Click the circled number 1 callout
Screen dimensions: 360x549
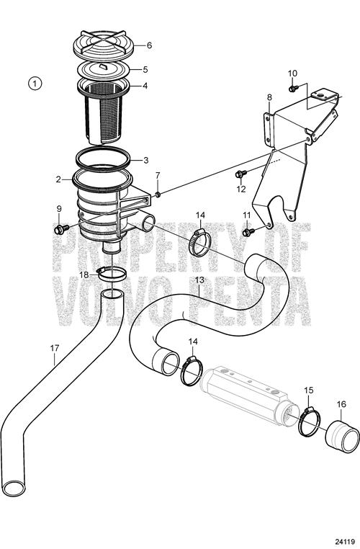(35, 84)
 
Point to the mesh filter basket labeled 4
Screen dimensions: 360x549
(104, 110)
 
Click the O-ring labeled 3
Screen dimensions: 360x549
(104, 159)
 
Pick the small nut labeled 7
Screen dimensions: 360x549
(158, 194)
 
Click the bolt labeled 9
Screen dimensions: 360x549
(60, 229)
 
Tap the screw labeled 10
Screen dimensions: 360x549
(293, 88)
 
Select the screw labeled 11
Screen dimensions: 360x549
(248, 232)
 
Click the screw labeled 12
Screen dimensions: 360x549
(241, 174)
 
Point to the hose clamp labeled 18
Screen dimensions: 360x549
(110, 273)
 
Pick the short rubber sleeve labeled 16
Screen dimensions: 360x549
(342, 436)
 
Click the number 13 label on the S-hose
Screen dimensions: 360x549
(199, 280)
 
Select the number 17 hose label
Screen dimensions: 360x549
(55, 348)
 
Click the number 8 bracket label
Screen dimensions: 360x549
(269, 97)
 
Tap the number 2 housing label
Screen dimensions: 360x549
(58, 179)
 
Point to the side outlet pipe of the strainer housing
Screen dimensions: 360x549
(144, 222)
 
